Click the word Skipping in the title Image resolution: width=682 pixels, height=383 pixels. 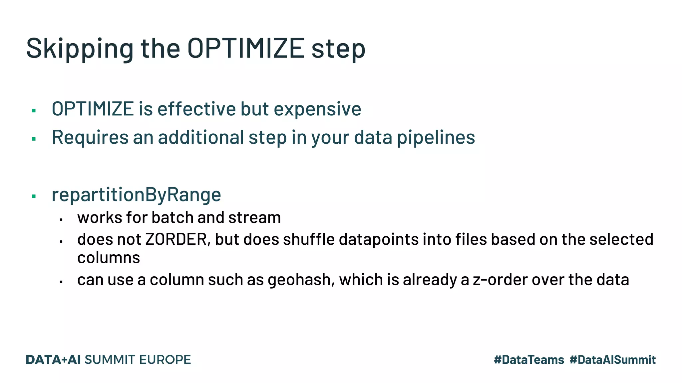point(80,49)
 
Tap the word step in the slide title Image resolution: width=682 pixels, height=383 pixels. point(338,49)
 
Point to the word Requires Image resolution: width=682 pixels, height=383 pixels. point(90,138)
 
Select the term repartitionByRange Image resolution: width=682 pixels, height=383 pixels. point(136,195)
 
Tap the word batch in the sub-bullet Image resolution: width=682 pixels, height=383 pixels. point(172,218)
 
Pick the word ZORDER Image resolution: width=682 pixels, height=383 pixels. point(176,240)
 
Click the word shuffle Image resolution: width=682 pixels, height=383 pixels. point(308,240)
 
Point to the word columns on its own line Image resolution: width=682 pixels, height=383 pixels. point(109,258)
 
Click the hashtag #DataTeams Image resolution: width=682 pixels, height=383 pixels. point(529,360)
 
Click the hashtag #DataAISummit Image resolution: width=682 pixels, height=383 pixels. point(612,360)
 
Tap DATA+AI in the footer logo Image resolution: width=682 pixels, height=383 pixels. point(53,360)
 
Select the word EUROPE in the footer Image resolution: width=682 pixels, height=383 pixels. point(165,360)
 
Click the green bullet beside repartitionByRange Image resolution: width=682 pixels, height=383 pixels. point(34,196)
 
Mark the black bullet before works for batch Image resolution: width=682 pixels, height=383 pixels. point(61,220)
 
